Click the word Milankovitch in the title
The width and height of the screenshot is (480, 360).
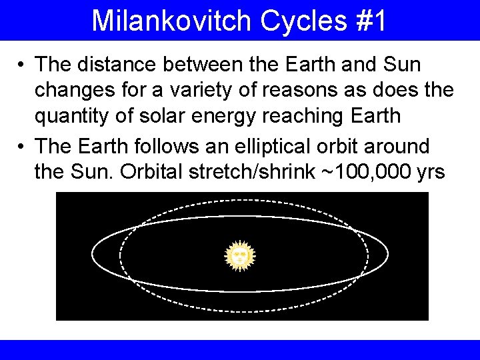[x=171, y=21]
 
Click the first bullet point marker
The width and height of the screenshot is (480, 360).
[x=22, y=65]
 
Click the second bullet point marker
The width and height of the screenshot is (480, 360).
[x=22, y=146]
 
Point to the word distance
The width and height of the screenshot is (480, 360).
[x=121, y=65]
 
